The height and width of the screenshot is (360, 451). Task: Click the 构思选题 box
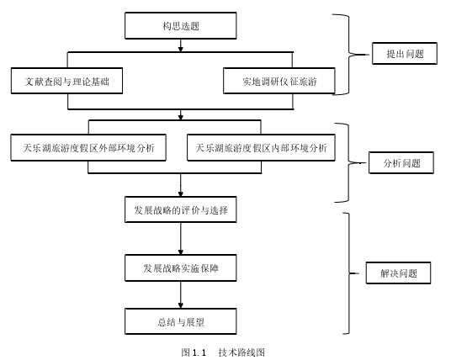181,25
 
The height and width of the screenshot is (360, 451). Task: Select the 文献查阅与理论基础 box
66,81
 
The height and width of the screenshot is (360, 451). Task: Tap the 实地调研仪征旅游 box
279,81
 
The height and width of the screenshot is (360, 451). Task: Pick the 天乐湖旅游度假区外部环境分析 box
88,147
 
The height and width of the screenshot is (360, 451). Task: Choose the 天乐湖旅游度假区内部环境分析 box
261,147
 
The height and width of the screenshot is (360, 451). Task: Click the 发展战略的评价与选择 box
181,209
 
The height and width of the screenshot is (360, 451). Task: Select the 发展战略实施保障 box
181,267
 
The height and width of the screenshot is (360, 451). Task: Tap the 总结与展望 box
181,321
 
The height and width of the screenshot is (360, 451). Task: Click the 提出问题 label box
405,54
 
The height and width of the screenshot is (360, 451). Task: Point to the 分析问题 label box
401,162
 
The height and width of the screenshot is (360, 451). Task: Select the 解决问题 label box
398,273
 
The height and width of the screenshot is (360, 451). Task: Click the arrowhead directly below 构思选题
181,49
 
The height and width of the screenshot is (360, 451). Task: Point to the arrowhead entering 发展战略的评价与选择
181,193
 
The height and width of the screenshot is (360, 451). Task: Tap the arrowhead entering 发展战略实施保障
181,251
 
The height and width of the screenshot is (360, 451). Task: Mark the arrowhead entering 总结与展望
181,305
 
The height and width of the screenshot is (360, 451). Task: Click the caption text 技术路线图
241,352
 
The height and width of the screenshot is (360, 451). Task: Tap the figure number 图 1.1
194,352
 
